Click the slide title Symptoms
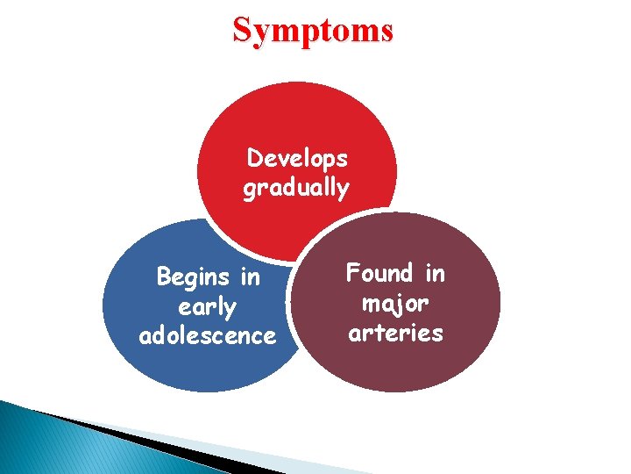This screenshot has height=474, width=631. [313, 30]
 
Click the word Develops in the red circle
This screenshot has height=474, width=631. [297, 159]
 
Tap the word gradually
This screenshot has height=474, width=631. [295, 188]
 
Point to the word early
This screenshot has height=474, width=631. [207, 307]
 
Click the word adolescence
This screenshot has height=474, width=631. [207, 336]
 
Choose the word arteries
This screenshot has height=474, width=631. [395, 334]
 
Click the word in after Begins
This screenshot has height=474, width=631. [250, 277]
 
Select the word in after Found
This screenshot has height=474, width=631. [434, 274]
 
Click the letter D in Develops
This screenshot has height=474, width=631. [255, 159]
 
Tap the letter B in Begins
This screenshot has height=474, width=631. [163, 277]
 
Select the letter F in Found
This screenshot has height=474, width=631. [353, 274]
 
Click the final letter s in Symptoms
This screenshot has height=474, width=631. [385, 32]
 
